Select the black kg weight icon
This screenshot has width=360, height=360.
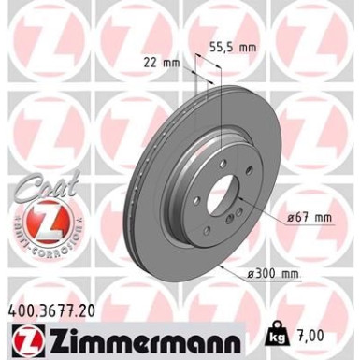click(279, 334)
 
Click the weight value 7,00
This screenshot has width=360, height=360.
click(311, 335)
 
